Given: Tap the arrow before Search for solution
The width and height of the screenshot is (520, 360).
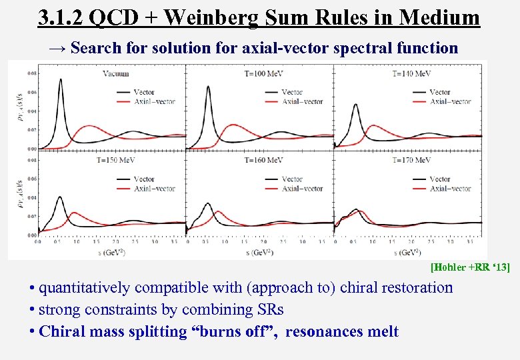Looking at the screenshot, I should (58, 48).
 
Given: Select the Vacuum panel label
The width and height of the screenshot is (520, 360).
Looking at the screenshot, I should (116, 73).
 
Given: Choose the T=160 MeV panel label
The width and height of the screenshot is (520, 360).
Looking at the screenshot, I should (265, 160).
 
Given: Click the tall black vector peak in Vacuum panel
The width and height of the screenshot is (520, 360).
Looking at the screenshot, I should (61, 80).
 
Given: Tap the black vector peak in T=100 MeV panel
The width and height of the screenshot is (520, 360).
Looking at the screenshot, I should (209, 87).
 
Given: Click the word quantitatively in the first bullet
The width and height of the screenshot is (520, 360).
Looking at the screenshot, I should (85, 288).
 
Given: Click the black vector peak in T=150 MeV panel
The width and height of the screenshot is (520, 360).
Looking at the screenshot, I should (61, 197).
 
